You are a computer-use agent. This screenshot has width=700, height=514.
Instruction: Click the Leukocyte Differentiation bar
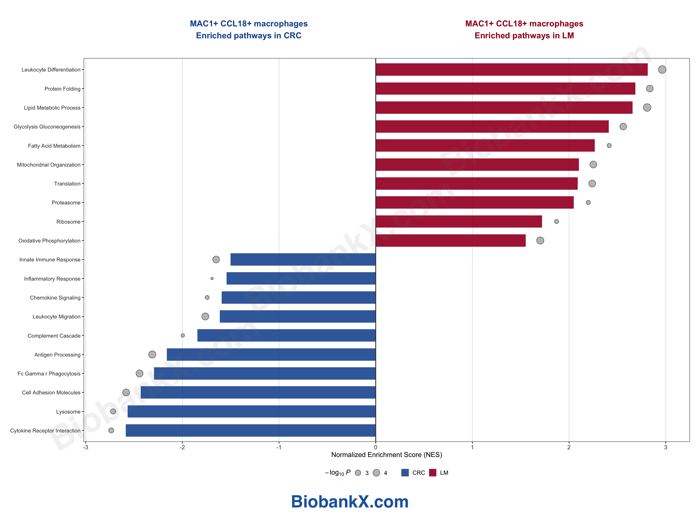pos(511,69)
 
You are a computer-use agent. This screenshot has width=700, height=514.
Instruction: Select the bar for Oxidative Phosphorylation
pos(451,240)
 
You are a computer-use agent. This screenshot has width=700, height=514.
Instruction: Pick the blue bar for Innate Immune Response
pos(303,260)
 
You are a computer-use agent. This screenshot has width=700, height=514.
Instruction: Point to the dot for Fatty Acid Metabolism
pos(609,146)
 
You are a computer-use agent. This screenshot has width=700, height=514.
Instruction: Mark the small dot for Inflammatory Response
pos(212,278)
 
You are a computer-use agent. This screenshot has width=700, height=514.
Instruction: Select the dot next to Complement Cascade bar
pos(183,336)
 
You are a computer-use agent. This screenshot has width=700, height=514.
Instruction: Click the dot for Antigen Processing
pos(152,354)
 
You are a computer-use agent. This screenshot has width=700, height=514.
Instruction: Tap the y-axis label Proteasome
pos(66,203)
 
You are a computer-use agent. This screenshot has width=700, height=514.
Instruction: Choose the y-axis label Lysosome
pos(68,412)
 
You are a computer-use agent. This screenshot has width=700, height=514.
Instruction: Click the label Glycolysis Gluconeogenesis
pos(47,127)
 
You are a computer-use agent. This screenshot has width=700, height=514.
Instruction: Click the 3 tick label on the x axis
pos(665,447)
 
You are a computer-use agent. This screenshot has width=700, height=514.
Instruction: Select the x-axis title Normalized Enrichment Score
pos(386,455)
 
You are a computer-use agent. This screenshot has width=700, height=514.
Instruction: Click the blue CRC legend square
pos(405,473)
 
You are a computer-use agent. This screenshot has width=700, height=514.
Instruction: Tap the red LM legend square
pos(433,473)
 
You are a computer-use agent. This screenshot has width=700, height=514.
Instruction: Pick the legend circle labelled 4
pos(376,473)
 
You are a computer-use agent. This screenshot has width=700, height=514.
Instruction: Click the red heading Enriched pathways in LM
pos(524,36)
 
